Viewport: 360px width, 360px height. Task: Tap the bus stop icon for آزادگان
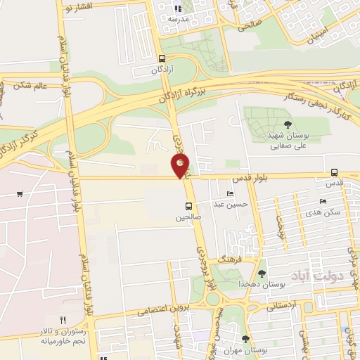point(162,60)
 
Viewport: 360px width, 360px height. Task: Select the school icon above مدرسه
point(177,9)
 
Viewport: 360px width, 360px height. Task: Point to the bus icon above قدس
point(334,172)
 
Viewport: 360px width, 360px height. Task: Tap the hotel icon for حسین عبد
point(231,194)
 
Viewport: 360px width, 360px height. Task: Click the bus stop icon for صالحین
point(188,206)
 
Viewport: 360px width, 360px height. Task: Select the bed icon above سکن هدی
point(323,201)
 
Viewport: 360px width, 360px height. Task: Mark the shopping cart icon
point(20,194)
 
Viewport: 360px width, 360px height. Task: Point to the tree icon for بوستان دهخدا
point(262,274)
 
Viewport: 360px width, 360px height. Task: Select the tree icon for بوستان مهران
point(245,340)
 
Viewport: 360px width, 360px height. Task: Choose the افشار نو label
point(77,8)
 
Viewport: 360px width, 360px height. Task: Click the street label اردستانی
point(284,305)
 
